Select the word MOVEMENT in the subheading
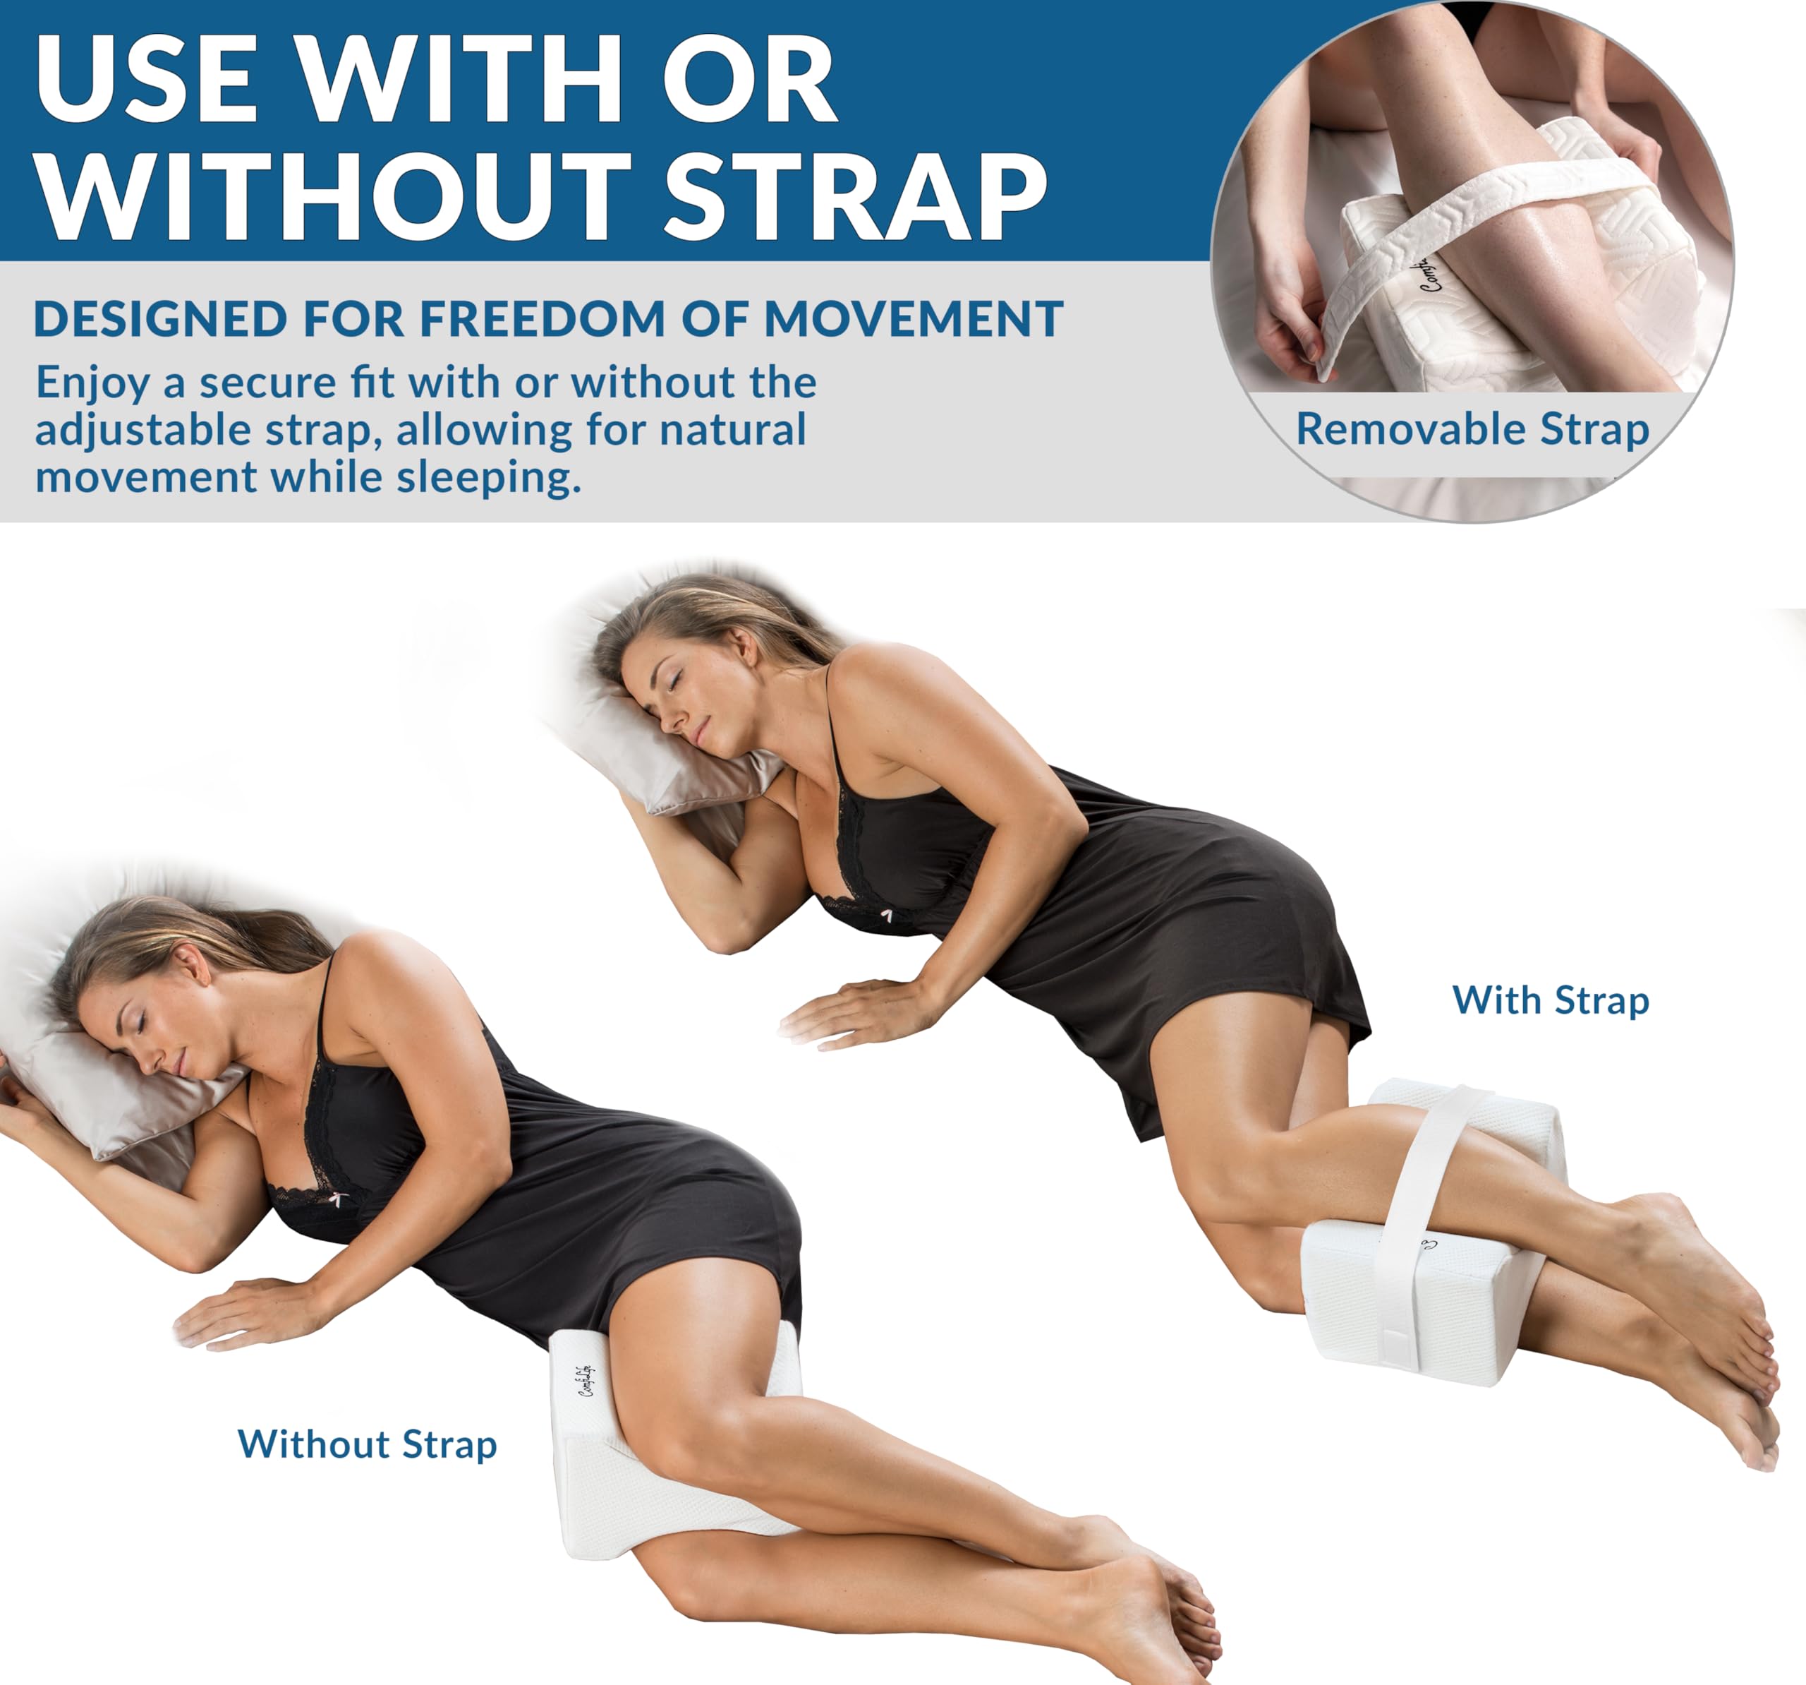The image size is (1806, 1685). point(913,319)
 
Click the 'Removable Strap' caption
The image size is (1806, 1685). point(1472,429)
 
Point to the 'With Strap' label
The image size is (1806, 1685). point(1550,1001)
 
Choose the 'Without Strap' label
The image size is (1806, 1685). point(367,1444)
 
